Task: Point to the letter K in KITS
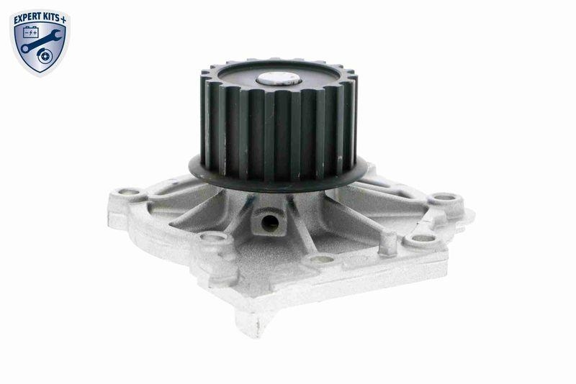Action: coord(48,14)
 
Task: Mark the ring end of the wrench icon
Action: coord(26,49)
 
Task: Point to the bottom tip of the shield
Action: coord(40,74)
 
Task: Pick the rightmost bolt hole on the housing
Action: coord(446,196)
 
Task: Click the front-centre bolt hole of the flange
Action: coord(321,259)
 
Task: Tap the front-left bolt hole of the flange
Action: coord(212,237)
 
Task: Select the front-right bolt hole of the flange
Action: coord(423,238)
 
